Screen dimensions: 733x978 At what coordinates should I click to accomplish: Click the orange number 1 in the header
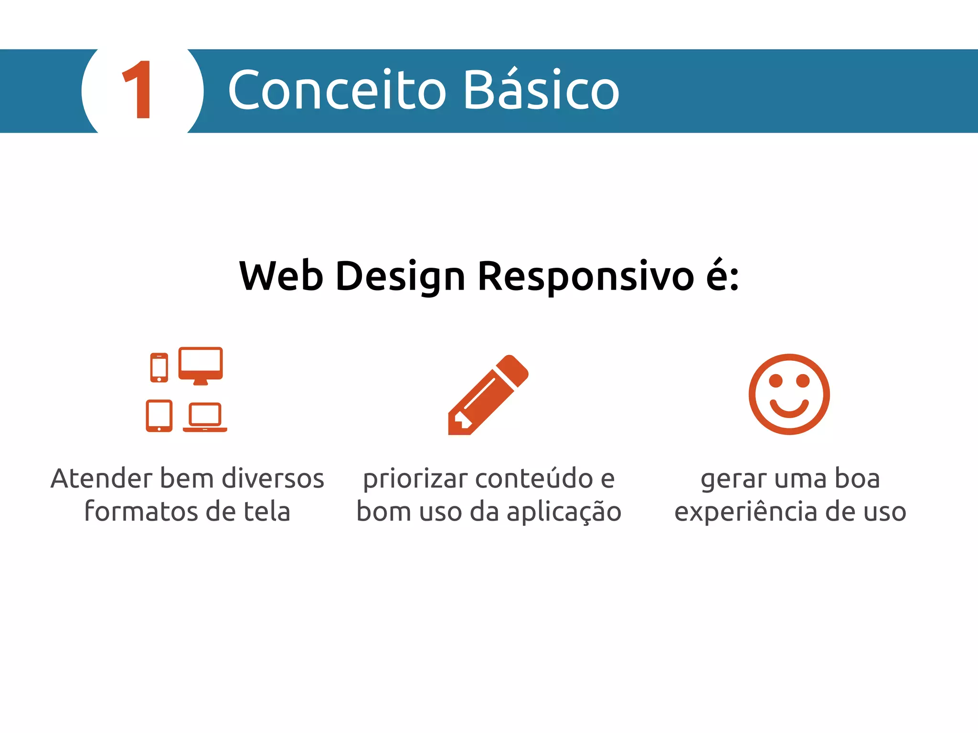138,90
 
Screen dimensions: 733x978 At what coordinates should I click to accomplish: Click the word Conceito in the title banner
337,90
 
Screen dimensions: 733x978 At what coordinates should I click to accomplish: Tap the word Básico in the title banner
541,90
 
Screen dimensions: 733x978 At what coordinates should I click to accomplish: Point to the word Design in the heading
400,277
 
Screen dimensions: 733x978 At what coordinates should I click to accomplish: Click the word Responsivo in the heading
585,277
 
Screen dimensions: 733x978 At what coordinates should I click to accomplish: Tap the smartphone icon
159,367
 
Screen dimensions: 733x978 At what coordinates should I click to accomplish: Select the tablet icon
159,416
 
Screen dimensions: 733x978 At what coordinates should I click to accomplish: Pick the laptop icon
205,417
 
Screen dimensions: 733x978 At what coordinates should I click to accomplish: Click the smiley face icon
789,394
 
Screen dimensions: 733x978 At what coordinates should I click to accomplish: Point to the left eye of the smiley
776,381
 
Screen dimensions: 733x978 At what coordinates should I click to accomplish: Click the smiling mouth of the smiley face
789,408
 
